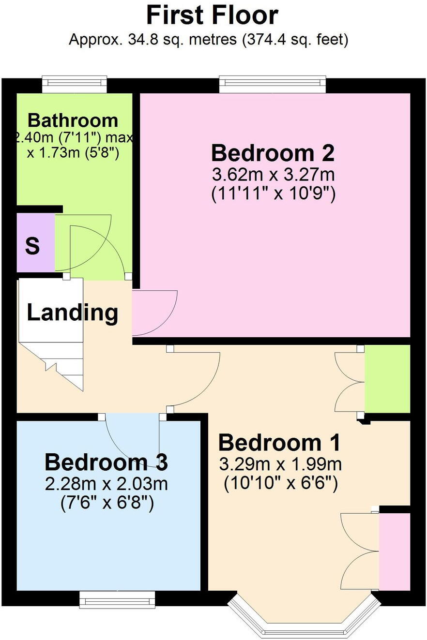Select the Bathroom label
click(x=73, y=120)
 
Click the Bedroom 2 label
click(x=273, y=153)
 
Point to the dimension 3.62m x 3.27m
click(x=273, y=174)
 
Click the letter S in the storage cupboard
click(x=32, y=246)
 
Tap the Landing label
click(x=72, y=313)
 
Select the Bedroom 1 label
click(x=279, y=443)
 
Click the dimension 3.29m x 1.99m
click(x=280, y=464)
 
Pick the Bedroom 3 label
click(x=106, y=462)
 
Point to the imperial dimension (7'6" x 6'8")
click(x=107, y=504)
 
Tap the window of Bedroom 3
click(x=117, y=599)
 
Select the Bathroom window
click(x=74, y=84)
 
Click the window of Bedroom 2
click(x=273, y=84)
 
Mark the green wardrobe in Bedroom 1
click(x=387, y=379)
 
